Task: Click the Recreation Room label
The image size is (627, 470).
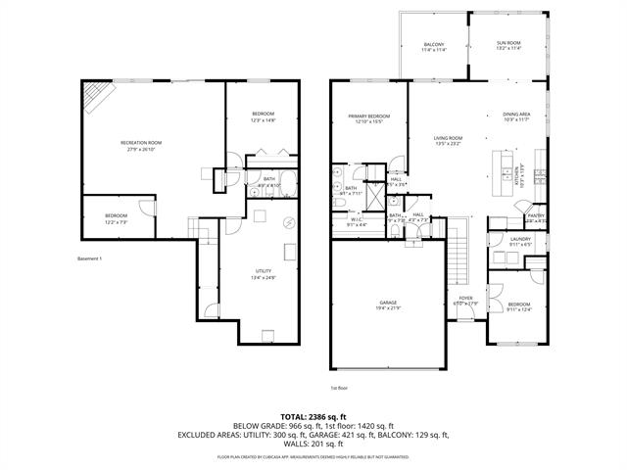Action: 141,144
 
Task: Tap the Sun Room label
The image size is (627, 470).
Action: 508,44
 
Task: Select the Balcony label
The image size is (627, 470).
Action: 434,44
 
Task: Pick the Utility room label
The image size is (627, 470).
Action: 264,271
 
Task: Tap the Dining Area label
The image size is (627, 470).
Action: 516,116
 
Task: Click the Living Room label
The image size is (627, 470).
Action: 448,138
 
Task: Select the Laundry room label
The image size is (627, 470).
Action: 520,240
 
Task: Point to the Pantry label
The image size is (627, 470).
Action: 536,215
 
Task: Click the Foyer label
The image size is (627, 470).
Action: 466,300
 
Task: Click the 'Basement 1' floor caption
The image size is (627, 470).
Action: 89,258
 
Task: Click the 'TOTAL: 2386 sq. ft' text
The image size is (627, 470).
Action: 313,417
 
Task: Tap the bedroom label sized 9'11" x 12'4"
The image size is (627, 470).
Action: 519,306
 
